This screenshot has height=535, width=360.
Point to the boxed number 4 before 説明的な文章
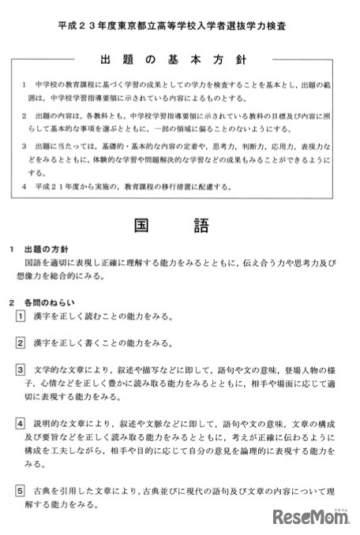21,424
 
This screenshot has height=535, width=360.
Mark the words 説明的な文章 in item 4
60,424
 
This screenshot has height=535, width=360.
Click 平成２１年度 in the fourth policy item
59,187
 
